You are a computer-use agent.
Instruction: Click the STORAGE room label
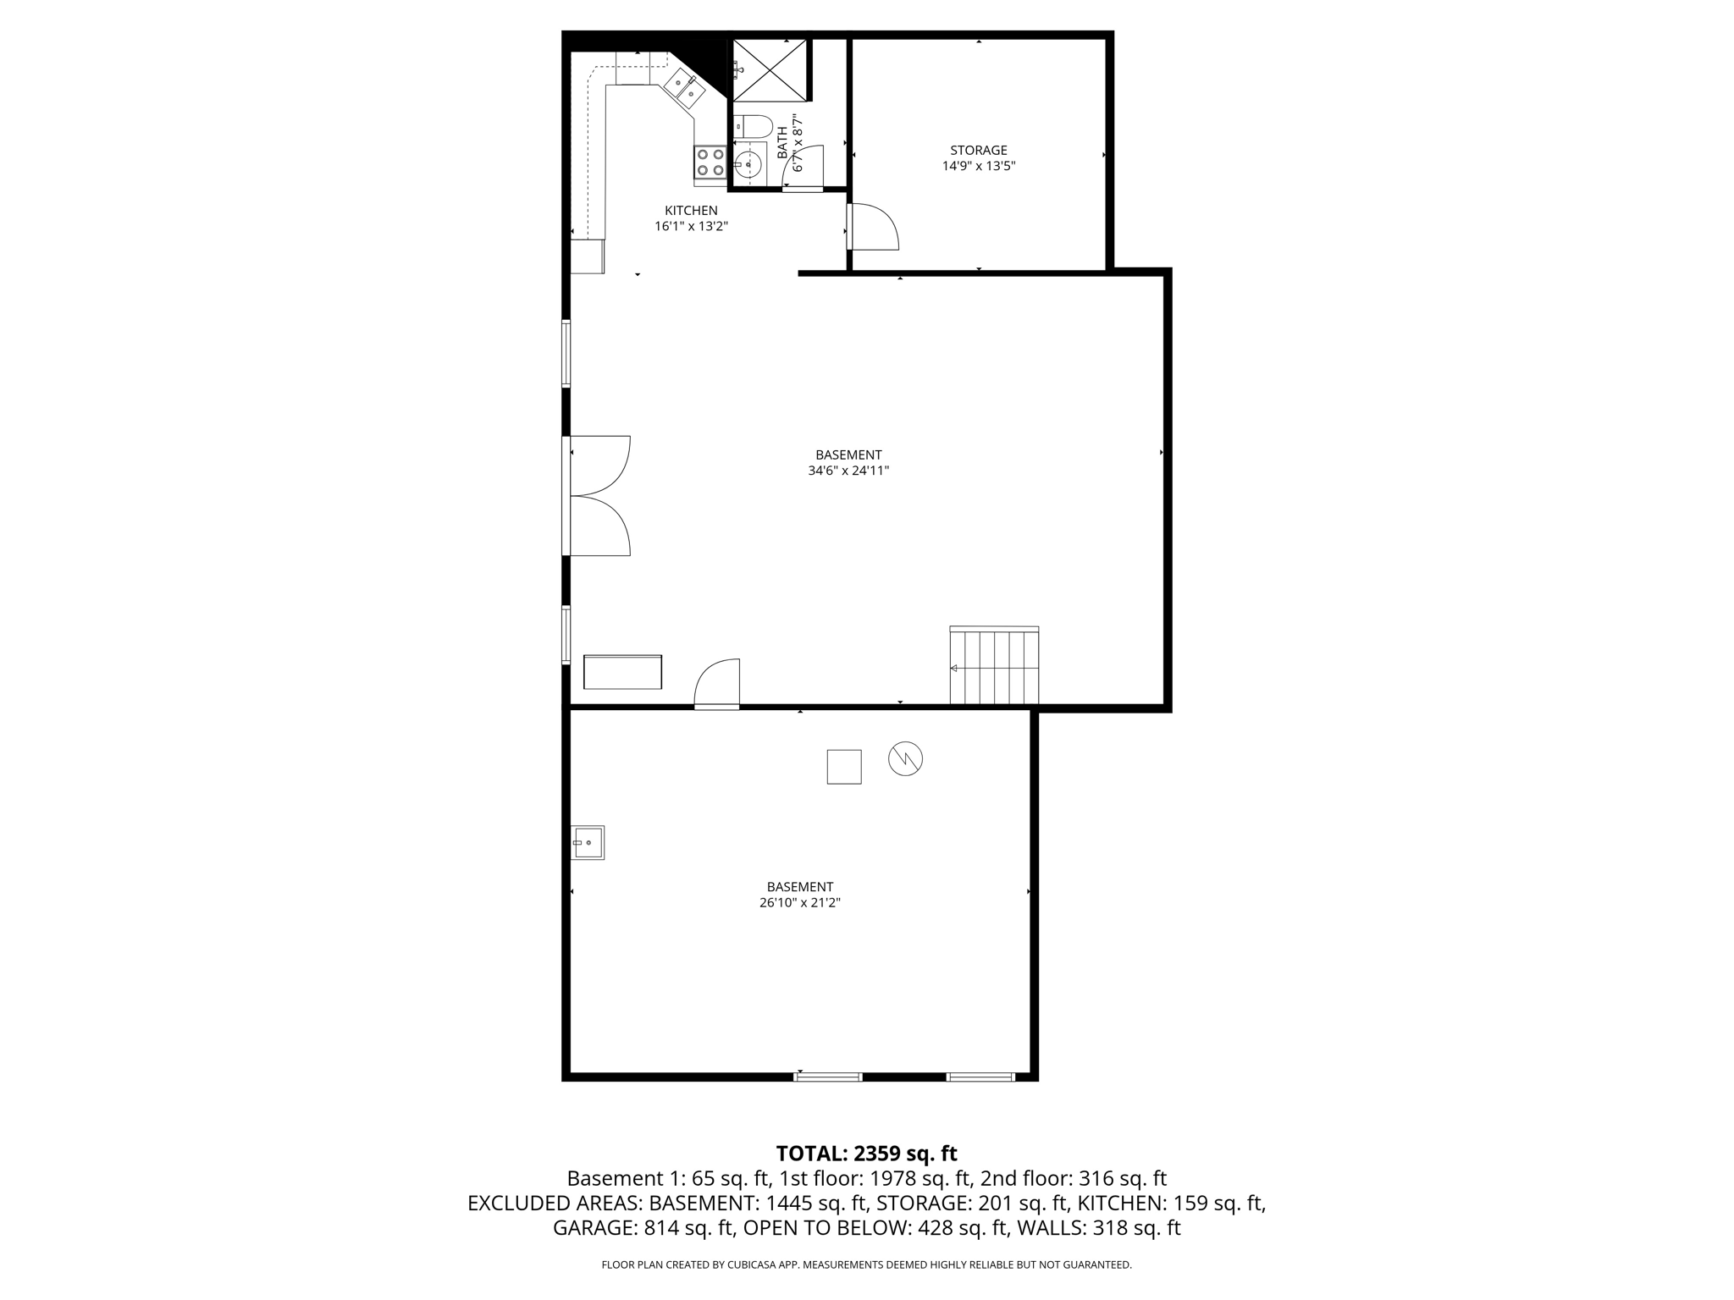coord(978,151)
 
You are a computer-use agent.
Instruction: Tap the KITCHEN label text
coord(691,211)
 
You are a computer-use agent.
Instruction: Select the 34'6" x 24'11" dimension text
coord(848,471)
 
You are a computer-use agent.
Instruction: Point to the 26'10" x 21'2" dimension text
coord(799,903)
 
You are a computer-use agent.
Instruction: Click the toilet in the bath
coord(754,127)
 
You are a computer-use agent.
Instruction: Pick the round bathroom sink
coord(748,164)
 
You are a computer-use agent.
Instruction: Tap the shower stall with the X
coord(770,69)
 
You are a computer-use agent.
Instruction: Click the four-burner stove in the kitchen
coord(710,162)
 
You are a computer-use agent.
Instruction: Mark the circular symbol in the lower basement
coord(905,759)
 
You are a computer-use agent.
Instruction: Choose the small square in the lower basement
coord(844,767)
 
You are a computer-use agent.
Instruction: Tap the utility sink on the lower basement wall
coord(588,843)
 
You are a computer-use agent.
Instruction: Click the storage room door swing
coord(873,227)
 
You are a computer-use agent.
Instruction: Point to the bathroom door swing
coord(805,168)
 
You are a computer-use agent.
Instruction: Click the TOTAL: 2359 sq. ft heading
coord(866,1154)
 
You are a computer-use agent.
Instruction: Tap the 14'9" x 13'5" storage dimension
coord(978,167)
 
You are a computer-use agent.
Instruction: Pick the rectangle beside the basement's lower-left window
coord(622,672)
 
